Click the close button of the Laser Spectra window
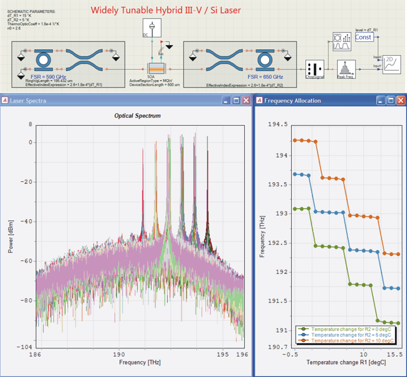[246, 100]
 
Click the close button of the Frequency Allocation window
[400, 100]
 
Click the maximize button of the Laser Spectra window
[235, 100]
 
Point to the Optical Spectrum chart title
[139, 115]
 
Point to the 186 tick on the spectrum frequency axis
[37, 353]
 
